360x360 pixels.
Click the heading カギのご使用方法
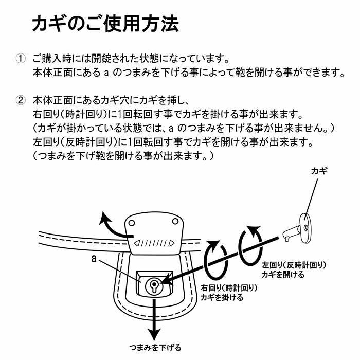(x=105, y=24)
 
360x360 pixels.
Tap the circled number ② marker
(x=21, y=99)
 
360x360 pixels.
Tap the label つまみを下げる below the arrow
(x=155, y=348)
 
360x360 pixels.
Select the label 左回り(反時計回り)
(x=294, y=265)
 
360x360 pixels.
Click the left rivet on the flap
(x=132, y=223)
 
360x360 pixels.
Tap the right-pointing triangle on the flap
(x=171, y=243)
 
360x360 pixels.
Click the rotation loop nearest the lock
(x=215, y=259)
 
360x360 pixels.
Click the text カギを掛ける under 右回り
(x=222, y=297)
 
